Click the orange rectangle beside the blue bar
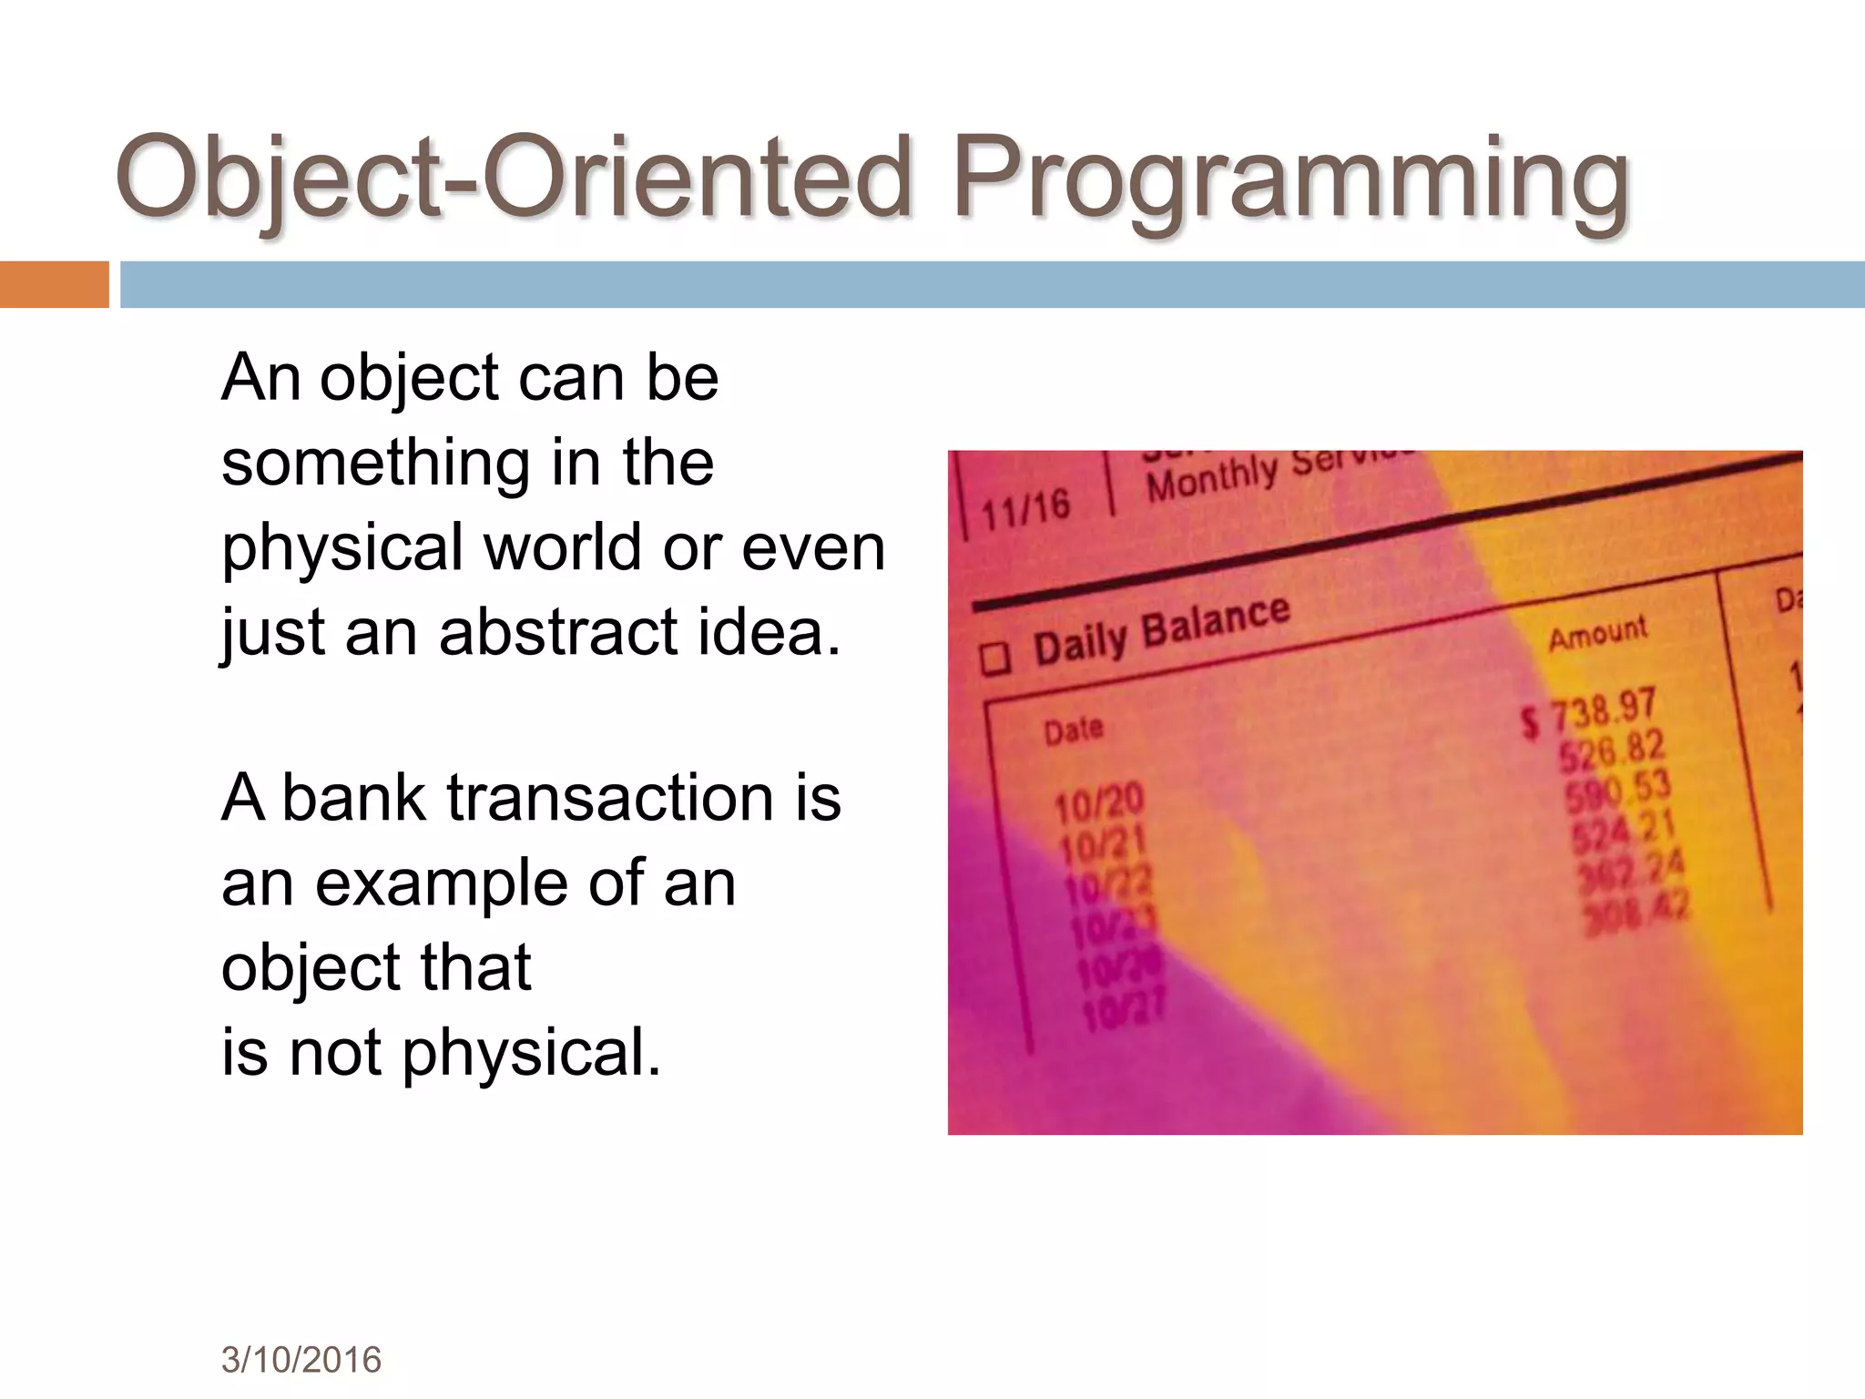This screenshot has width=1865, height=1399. (x=54, y=284)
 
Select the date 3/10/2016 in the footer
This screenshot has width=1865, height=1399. (x=301, y=1360)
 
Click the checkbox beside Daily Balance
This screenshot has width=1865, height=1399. (x=994, y=658)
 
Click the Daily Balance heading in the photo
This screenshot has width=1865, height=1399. (x=1161, y=630)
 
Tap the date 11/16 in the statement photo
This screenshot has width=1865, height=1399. (x=1025, y=509)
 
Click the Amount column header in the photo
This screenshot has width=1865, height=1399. (x=1597, y=632)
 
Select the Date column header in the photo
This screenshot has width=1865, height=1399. (x=1073, y=730)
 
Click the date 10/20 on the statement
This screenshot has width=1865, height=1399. (x=1097, y=803)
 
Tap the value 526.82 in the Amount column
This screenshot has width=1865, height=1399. (x=1611, y=751)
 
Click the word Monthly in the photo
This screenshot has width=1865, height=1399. (x=1211, y=478)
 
